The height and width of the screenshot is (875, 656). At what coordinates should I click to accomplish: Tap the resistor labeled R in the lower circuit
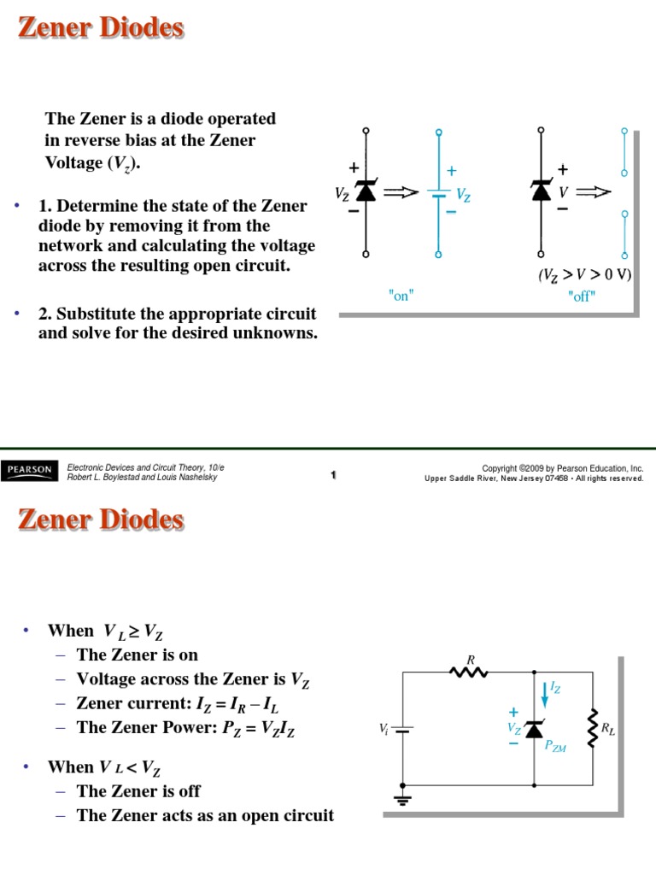click(469, 672)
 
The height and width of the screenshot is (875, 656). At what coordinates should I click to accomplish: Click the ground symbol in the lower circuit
click(403, 800)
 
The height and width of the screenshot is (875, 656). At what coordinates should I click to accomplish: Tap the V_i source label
click(384, 728)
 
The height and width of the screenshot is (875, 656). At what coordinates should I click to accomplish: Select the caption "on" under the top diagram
click(401, 296)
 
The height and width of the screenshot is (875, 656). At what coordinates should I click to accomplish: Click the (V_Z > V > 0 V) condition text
click(585, 276)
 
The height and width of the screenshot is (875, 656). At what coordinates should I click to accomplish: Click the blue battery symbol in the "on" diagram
click(439, 195)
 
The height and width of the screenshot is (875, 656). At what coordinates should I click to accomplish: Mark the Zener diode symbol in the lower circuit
click(535, 728)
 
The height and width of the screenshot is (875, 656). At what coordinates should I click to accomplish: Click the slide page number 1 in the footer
click(333, 475)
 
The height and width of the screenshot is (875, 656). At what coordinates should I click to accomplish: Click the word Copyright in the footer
click(500, 468)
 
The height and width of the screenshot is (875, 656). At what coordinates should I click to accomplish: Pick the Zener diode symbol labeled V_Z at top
click(366, 192)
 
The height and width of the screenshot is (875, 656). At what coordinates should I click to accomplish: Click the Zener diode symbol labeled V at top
click(541, 191)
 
